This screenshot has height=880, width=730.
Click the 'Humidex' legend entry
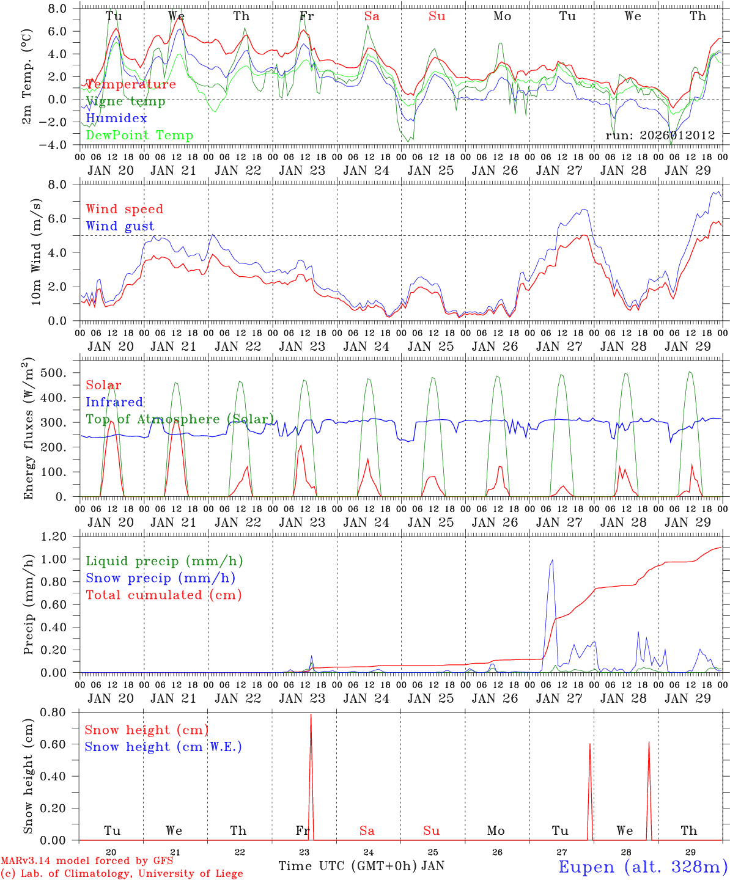click(x=116, y=118)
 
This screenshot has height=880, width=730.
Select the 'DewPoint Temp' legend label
click(x=139, y=135)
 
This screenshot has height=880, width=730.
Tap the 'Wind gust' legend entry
click(x=120, y=226)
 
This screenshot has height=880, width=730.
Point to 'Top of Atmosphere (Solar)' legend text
click(x=180, y=419)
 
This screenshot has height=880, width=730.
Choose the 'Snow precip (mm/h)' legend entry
click(x=161, y=578)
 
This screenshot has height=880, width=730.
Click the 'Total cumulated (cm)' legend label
click(x=164, y=595)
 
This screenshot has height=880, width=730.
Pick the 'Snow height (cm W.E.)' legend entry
click(x=163, y=747)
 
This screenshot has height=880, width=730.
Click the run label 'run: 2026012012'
click(x=660, y=135)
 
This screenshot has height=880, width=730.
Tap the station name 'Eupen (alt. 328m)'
click(x=643, y=867)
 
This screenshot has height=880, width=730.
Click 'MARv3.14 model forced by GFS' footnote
click(x=87, y=861)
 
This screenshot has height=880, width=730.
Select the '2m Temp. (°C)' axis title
click(x=28, y=76)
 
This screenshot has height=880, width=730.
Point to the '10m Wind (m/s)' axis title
click(x=36, y=252)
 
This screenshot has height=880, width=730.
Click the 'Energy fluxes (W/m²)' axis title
click(x=28, y=430)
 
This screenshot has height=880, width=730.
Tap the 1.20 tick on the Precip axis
click(x=61, y=537)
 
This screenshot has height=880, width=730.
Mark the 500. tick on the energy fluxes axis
click(x=61, y=373)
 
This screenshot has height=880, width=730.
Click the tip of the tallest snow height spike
click(x=311, y=714)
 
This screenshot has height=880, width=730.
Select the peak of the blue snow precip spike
click(x=553, y=560)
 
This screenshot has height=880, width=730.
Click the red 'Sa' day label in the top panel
click(x=372, y=16)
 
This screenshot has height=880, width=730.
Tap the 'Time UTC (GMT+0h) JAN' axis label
click(x=361, y=866)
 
